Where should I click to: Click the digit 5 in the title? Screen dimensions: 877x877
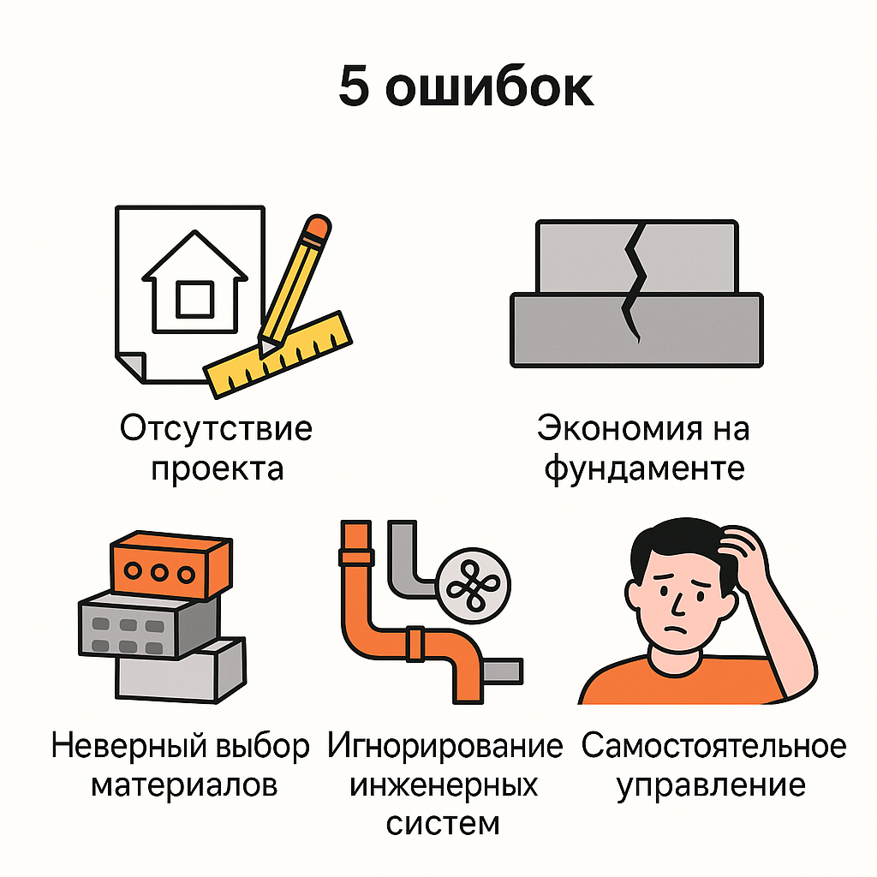[355, 86]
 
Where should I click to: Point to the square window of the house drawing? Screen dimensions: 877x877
[194, 300]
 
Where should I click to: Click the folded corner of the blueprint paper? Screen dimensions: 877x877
[131, 367]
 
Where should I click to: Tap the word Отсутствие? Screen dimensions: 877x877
[216, 430]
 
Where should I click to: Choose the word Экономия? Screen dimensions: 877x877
[619, 430]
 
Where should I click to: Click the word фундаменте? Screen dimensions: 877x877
[644, 469]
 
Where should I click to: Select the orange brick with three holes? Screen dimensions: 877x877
[171, 565]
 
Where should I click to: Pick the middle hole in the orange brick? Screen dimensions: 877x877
[159, 573]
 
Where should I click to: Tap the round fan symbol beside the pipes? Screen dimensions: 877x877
[474, 585]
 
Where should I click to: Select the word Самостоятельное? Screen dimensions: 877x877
[713, 746]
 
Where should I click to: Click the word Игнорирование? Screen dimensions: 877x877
[445, 747]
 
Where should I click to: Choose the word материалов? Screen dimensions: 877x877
[184, 785]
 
